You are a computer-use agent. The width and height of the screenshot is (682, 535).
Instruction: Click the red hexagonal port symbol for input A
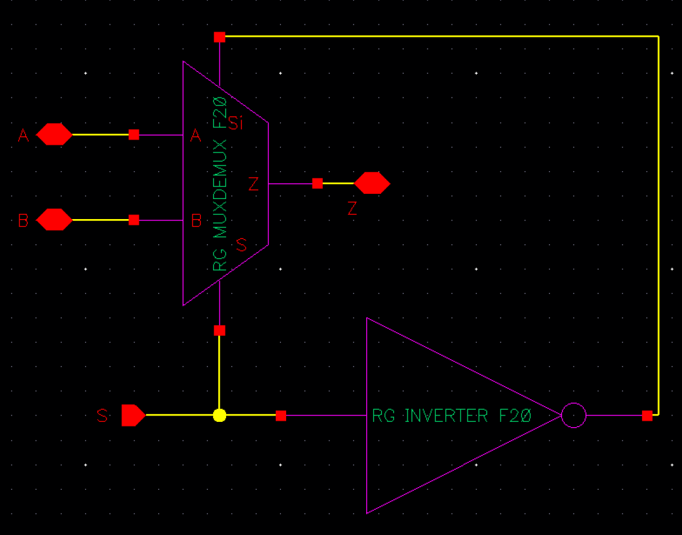(54, 134)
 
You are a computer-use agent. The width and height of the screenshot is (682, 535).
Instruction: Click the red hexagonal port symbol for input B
(54, 220)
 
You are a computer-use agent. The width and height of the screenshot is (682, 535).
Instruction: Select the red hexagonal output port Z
(372, 184)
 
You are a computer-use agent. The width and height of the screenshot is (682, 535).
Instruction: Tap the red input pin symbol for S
(133, 415)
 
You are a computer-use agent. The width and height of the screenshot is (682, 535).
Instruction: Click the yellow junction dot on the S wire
(220, 415)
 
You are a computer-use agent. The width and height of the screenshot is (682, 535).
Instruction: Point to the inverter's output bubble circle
(573, 415)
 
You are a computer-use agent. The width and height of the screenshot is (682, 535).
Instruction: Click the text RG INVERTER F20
(451, 416)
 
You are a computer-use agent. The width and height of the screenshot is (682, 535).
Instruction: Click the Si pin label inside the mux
(236, 123)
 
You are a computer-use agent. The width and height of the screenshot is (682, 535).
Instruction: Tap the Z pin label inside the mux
(254, 185)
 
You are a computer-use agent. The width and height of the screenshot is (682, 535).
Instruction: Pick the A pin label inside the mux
(196, 136)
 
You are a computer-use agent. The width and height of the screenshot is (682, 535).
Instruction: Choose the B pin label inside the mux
(196, 221)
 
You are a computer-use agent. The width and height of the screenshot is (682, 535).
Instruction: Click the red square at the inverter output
(647, 415)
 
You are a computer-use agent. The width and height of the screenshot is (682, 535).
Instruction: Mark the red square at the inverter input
(281, 415)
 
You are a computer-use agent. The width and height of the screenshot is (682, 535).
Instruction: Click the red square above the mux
(220, 37)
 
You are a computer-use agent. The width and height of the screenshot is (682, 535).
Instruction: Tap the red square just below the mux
(220, 330)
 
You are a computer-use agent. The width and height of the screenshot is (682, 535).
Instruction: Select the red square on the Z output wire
(317, 184)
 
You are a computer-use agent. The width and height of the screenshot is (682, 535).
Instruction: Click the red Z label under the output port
(352, 209)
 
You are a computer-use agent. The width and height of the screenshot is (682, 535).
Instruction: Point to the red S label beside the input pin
(102, 416)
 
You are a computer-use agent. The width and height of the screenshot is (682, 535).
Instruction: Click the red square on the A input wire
(134, 134)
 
